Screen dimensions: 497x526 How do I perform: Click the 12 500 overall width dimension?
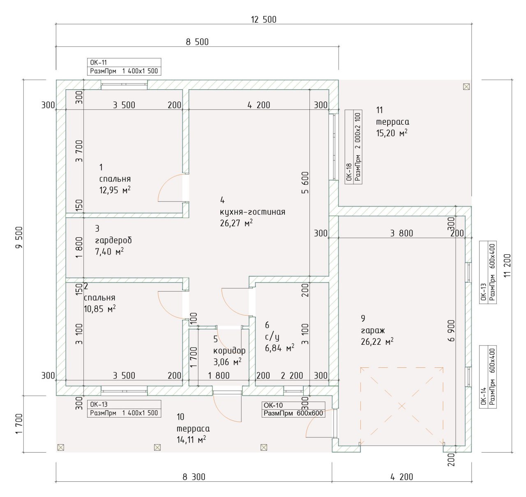pos(263,19)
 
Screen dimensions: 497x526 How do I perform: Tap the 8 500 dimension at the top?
pos(197,42)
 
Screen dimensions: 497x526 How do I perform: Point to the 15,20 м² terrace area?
pos(392,133)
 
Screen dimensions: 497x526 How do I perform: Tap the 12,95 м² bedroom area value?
pos(115,190)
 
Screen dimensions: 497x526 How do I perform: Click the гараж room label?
pos(373,330)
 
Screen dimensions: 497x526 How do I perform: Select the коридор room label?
pos(229,351)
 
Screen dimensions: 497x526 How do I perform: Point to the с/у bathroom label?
pos(272,337)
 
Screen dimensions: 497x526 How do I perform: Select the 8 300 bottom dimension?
pos(194,477)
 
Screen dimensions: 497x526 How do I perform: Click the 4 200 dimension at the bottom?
pos(401,477)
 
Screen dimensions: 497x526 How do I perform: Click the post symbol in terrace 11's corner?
pos(466,86)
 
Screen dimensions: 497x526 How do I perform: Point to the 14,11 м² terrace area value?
pos(191,440)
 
